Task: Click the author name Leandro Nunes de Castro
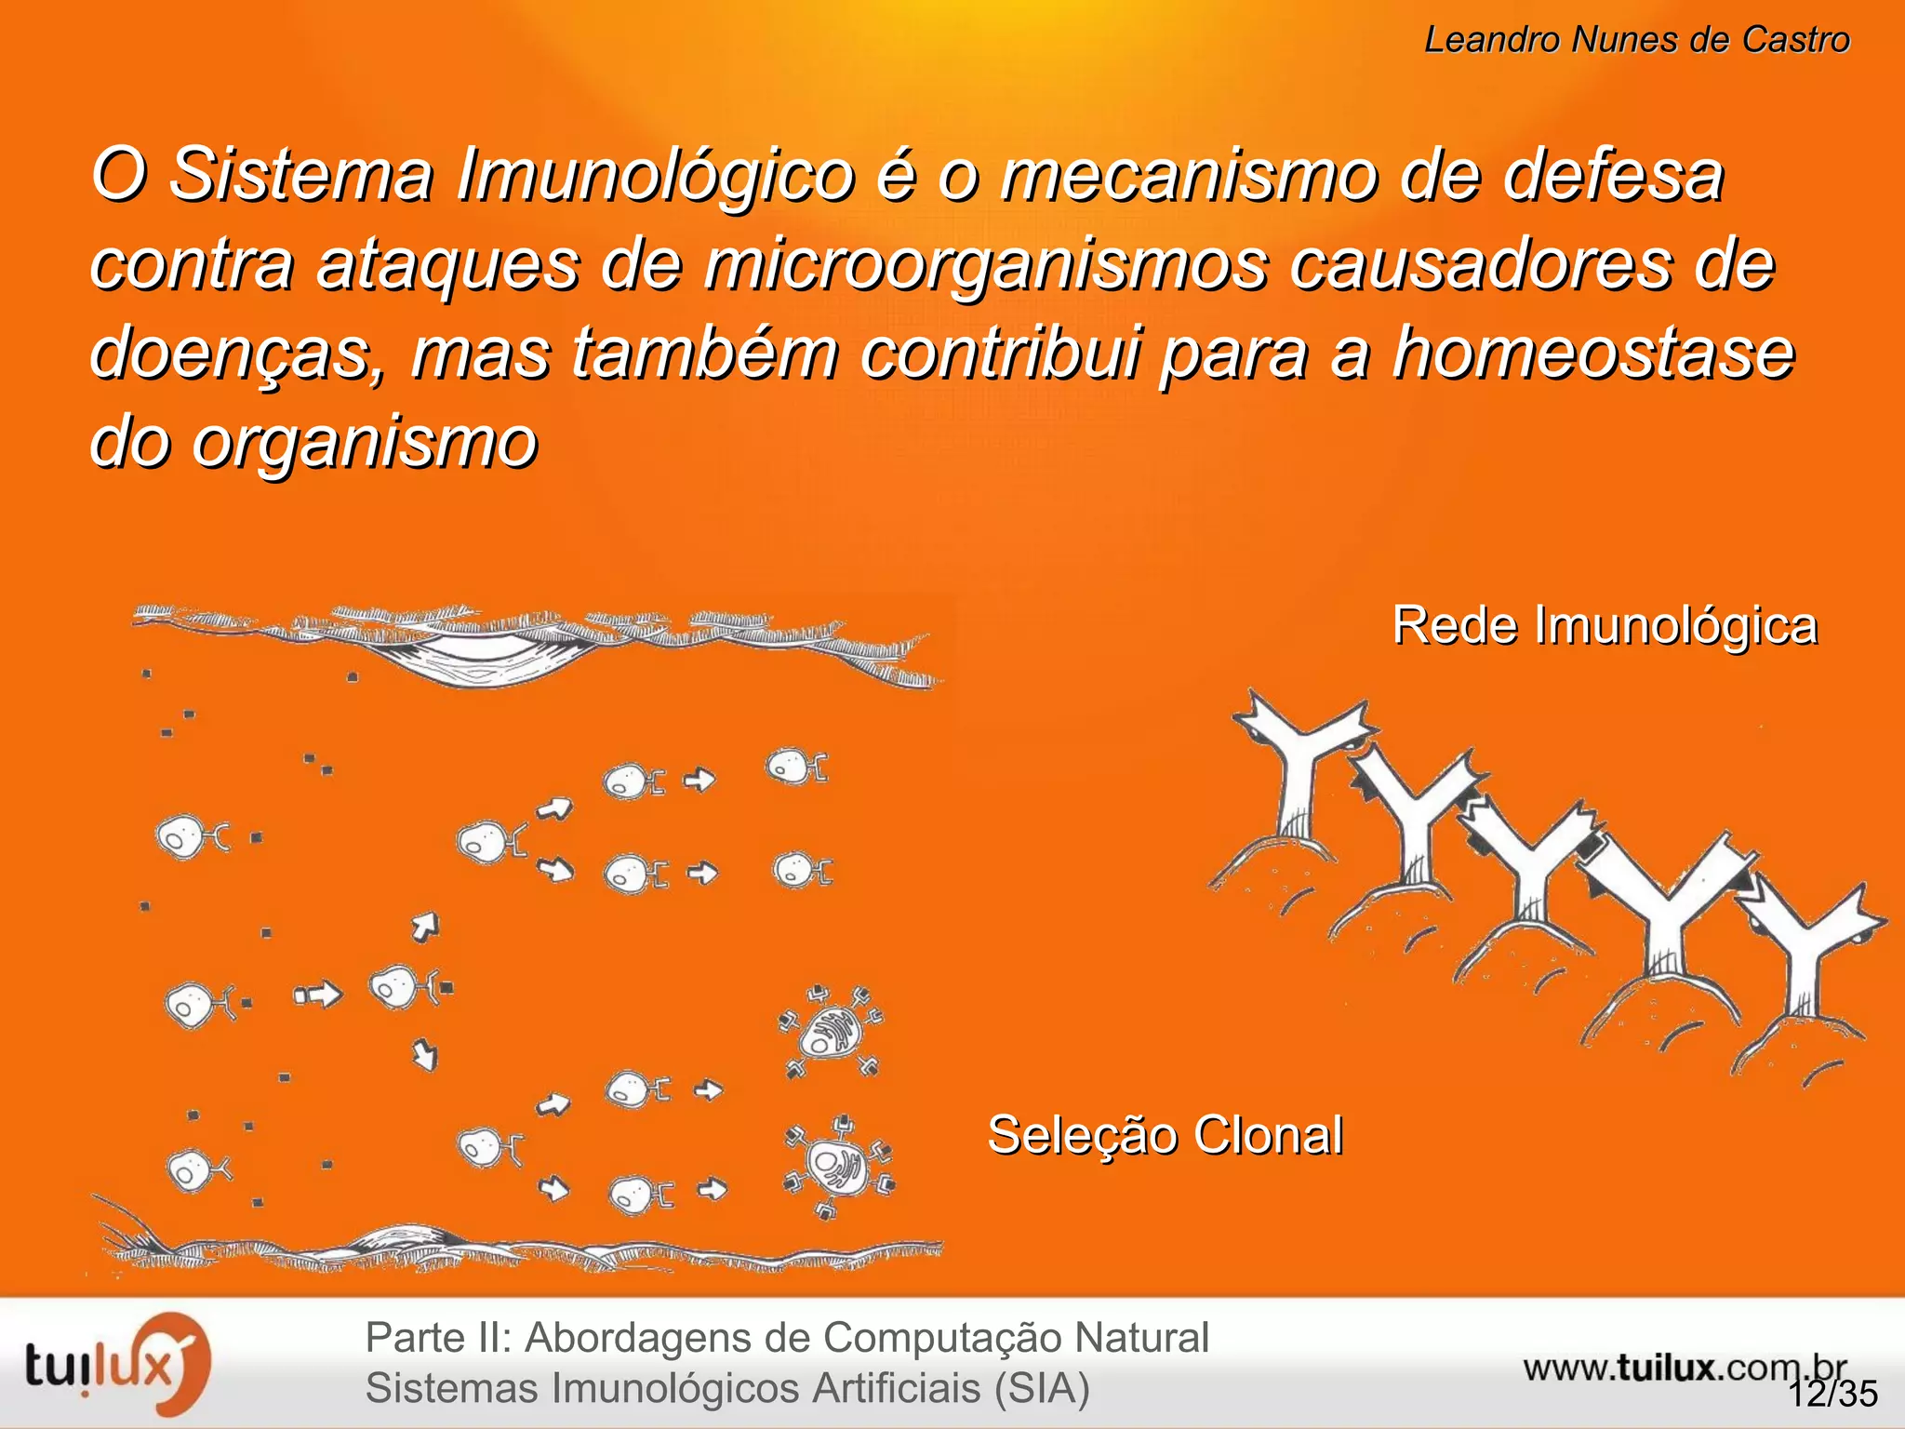click(1636, 40)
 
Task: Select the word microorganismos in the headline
click(985, 265)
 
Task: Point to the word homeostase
click(1592, 354)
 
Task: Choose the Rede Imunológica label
click(1604, 625)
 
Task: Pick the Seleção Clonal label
click(1165, 1135)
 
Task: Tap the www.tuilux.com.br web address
click(1684, 1368)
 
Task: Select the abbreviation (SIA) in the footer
click(1041, 1388)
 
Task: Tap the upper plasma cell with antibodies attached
click(830, 1033)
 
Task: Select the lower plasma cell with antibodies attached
click(837, 1168)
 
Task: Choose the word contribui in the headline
click(1000, 354)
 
